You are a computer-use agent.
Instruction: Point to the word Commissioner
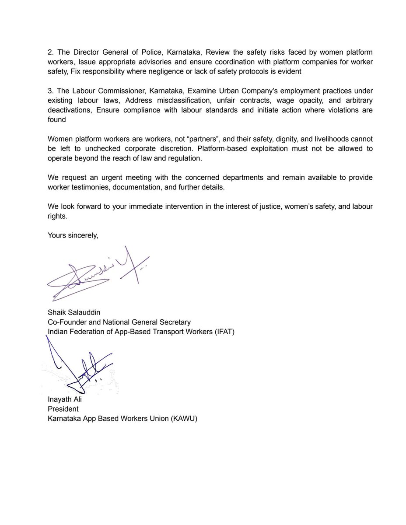[118, 91]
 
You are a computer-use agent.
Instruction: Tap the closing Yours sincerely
[73, 235]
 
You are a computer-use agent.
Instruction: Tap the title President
[63, 409]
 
